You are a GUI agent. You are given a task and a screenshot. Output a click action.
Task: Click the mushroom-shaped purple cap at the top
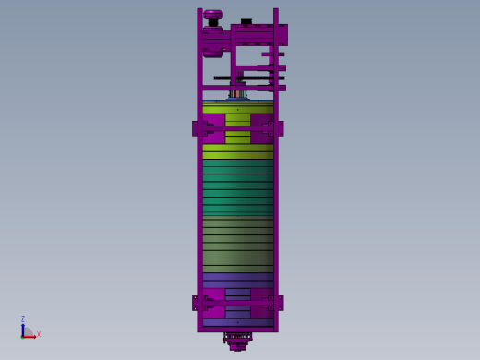point(213,15)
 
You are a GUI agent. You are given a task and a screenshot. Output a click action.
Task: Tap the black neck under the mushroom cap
point(213,23)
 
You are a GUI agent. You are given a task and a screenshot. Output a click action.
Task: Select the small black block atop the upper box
point(246,21)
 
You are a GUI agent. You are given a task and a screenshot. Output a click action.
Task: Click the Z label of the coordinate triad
point(23,318)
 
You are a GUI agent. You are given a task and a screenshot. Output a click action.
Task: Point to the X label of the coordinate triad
point(39,334)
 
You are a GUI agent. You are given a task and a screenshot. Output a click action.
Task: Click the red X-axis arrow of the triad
point(30,337)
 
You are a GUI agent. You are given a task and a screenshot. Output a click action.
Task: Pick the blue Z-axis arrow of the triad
point(23,330)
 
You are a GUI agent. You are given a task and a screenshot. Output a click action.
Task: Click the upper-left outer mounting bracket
point(195,128)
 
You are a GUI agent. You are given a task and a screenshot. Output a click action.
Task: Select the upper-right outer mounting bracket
point(281,128)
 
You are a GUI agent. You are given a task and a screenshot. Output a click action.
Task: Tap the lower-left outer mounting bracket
point(195,303)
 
